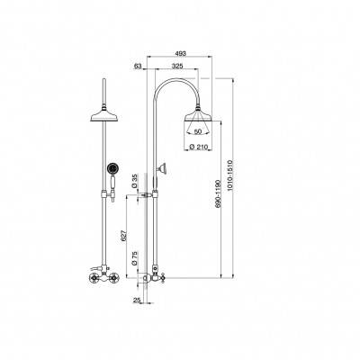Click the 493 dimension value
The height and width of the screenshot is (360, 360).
click(x=181, y=53)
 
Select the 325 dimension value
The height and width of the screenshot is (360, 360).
click(x=177, y=67)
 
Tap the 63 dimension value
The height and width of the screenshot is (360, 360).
click(x=138, y=67)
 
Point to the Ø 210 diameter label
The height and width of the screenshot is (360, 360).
click(x=200, y=147)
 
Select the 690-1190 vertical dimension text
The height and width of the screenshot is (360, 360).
click(x=218, y=193)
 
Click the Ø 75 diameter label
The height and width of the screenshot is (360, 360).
click(x=135, y=258)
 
